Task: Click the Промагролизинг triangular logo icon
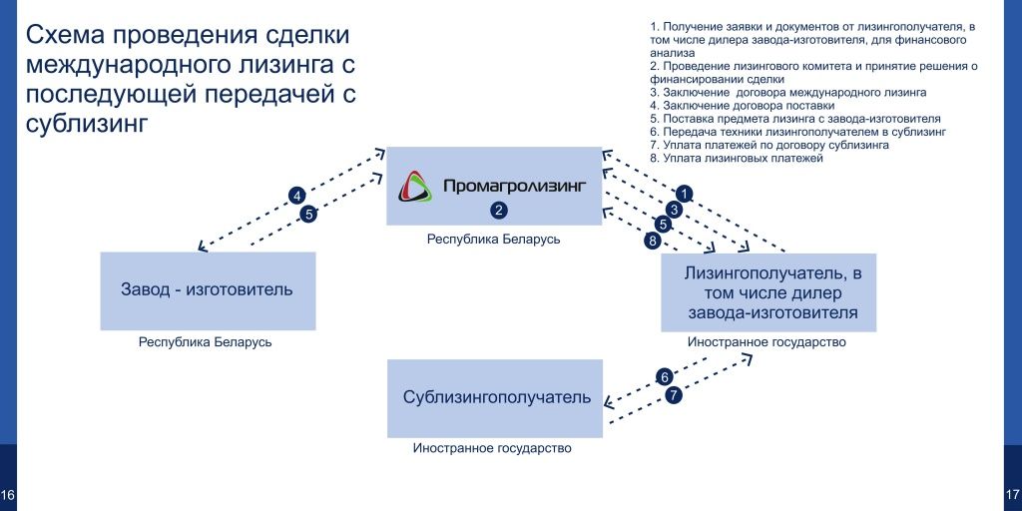tap(416, 187)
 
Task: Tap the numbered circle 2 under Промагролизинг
tap(499, 210)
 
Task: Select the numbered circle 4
tap(295, 195)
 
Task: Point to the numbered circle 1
tap(685, 193)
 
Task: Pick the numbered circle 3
tap(674, 210)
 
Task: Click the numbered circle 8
tap(652, 241)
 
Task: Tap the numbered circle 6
tap(665, 377)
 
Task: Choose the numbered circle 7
tap(674, 395)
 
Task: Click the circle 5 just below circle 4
tap(308, 214)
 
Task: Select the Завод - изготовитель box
tap(208, 290)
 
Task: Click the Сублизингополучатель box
tap(495, 397)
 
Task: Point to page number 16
tap(8, 495)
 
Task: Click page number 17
tap(1013, 495)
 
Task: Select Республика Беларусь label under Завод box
tap(206, 342)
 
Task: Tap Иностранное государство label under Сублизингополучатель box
tap(492, 448)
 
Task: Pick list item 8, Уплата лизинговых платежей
tap(736, 158)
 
